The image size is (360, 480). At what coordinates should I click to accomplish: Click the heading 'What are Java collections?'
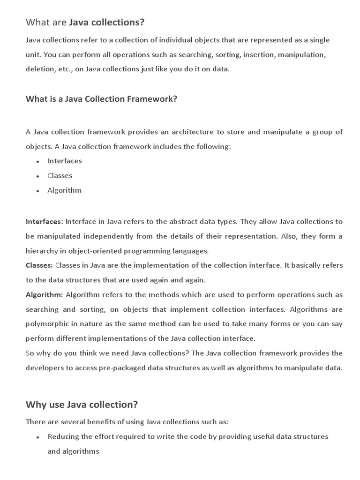point(85,22)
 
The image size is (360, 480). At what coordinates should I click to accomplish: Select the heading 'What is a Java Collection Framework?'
point(101,99)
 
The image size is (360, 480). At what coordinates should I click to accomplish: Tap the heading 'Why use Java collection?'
point(82,404)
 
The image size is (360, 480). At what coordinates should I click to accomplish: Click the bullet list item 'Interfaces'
point(65,161)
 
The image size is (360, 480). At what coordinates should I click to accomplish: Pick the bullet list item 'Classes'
point(60,176)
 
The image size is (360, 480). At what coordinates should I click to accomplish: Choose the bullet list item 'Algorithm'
point(64,190)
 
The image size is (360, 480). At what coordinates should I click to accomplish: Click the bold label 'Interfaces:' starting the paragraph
point(44,221)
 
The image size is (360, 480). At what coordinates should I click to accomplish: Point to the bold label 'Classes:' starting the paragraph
point(39,265)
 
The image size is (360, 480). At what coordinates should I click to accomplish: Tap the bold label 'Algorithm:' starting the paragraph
point(44,295)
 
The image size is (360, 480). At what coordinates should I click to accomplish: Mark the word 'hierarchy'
point(41,250)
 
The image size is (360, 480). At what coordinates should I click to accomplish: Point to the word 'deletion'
point(39,69)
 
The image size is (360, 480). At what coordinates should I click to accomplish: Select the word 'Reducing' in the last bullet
point(63,436)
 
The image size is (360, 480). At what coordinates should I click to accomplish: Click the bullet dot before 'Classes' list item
point(37,176)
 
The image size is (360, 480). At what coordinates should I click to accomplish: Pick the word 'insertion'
point(259,55)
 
